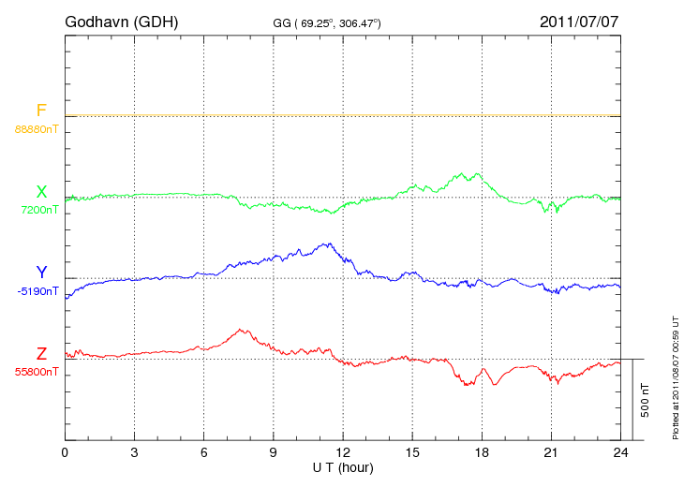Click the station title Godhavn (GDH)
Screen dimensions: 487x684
[x=122, y=21]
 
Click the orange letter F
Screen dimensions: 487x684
[x=41, y=111]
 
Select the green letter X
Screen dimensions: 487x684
[x=41, y=192]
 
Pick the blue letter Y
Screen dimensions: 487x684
[x=41, y=273]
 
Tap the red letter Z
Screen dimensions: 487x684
[x=41, y=354]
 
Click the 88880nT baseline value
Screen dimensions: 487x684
[x=36, y=128]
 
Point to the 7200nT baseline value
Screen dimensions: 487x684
[x=38, y=210]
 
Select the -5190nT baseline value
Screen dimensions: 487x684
[x=37, y=291]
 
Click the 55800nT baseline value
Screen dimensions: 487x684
[x=36, y=372]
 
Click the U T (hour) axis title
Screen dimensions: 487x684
[x=343, y=466]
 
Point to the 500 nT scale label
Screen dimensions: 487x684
[x=646, y=399]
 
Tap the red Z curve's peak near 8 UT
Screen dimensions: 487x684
[x=243, y=330]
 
